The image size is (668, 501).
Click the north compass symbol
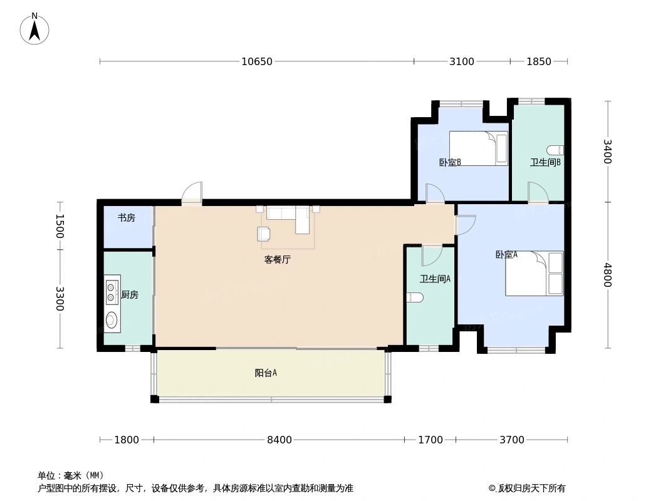34,29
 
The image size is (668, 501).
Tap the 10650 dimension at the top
257,61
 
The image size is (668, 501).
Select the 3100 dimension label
462,61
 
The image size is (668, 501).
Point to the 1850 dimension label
538,61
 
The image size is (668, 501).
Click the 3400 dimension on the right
607,152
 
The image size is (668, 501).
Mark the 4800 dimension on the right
607,275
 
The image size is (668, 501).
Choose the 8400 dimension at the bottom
279,440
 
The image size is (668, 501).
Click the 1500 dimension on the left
60,225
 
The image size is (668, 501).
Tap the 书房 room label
127,218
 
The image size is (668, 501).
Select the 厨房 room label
130,295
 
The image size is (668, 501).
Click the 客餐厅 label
277,260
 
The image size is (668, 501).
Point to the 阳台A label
266,373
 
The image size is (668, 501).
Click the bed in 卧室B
478,148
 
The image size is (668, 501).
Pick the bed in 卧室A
535,274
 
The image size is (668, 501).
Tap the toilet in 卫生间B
556,150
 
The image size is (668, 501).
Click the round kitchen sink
112,321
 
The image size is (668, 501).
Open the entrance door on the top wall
192,194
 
